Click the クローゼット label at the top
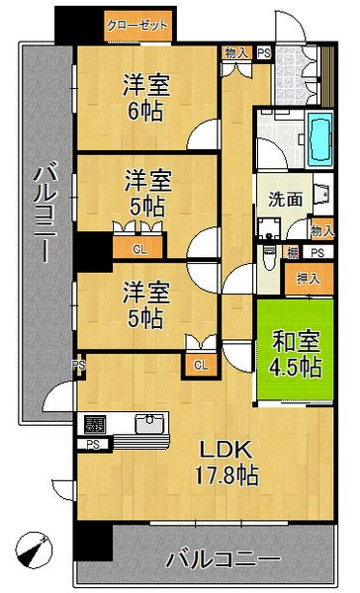point(136,26)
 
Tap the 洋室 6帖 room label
point(145,98)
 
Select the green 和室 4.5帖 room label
point(296,354)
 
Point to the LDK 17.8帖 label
point(226,463)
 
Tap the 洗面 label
point(286,199)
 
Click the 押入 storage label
point(309,279)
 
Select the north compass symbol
point(34,550)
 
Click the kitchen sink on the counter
point(150,423)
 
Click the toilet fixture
point(269,257)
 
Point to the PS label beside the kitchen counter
point(93,445)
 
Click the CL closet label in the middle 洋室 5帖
point(139,249)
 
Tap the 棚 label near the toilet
point(292,252)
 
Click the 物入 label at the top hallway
point(236,53)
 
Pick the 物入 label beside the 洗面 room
point(322,230)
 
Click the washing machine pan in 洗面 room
point(269,229)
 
